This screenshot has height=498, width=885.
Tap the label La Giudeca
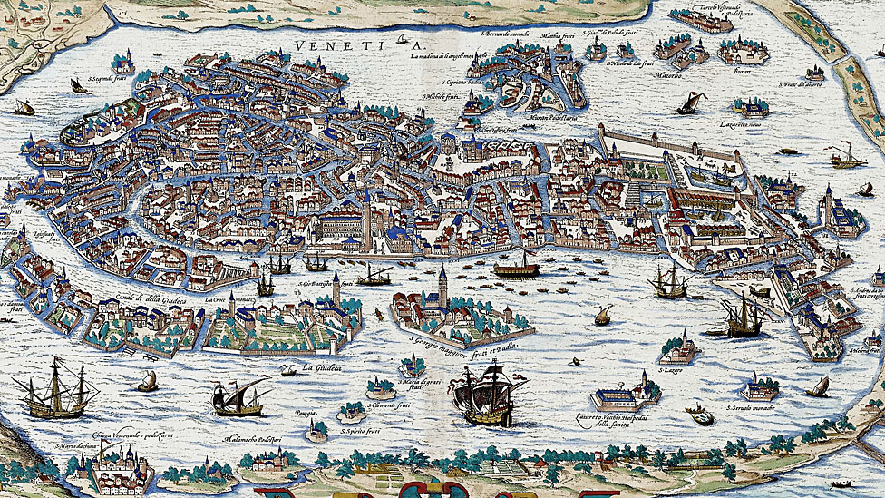click(x=327, y=367)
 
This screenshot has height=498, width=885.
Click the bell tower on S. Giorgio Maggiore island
click(x=442, y=287)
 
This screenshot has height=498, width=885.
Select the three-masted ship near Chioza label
click(x=56, y=391)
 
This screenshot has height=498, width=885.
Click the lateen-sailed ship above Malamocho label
click(x=240, y=396)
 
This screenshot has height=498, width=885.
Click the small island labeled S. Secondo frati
click(x=122, y=64)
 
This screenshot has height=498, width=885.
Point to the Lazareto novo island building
click(x=751, y=107)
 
